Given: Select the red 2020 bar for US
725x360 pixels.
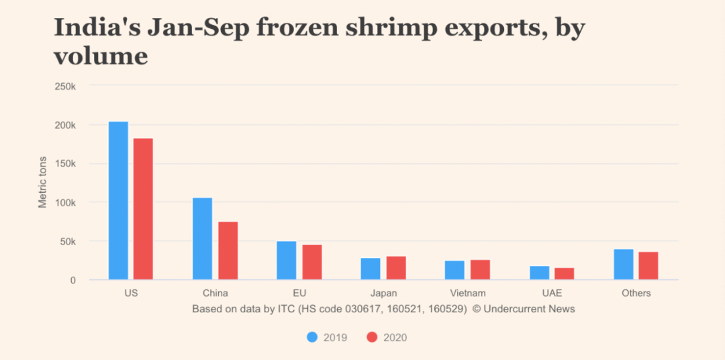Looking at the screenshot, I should [143, 209].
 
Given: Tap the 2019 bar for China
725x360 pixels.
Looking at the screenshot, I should [202, 238].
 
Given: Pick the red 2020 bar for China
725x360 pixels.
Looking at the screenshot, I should [228, 251].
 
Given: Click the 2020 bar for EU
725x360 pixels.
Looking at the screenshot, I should [312, 262].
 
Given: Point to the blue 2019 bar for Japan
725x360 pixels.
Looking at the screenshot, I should [371, 269].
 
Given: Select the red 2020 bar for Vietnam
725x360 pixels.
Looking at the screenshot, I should [480, 269].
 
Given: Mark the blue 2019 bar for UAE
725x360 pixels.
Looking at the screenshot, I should [539, 273].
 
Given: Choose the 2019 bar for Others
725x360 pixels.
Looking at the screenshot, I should [623, 265].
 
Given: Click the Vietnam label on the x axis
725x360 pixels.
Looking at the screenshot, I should [467, 294].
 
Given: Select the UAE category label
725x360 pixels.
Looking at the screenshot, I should [551, 294].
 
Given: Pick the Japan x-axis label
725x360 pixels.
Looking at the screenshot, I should [383, 294].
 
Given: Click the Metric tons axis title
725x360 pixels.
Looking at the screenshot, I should [43, 182].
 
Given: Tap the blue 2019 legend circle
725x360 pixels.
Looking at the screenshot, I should [312, 337].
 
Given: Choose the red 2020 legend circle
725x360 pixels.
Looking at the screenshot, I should [373, 337].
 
